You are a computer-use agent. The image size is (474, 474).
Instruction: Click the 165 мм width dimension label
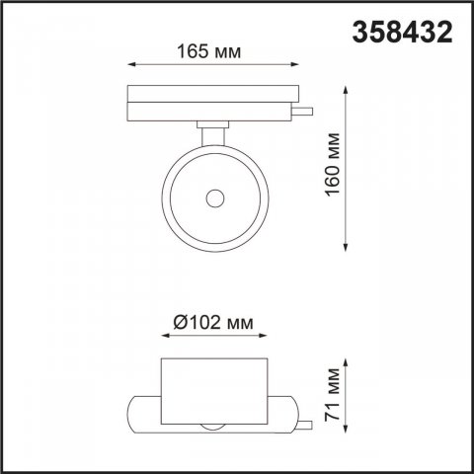coord(210,50)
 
